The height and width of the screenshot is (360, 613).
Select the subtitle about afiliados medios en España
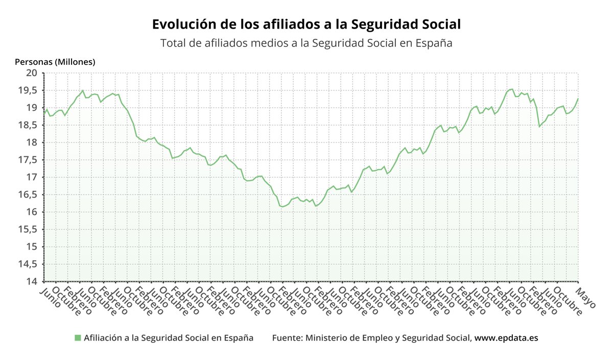point(306,43)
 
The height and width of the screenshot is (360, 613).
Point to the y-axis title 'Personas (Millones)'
point(55,62)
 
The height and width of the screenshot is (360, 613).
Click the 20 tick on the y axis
point(32,73)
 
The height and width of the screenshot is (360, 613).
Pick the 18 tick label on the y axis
point(32,142)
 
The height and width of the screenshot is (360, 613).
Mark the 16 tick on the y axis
point(32,212)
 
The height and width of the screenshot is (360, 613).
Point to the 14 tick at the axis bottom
point(32,281)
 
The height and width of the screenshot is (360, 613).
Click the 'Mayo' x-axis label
point(585,298)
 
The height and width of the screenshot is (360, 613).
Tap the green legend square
point(78,338)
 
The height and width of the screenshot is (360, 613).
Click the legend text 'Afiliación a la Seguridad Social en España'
point(169,338)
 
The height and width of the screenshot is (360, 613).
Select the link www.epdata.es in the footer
point(506,338)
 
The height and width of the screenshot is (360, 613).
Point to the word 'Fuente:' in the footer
point(288,338)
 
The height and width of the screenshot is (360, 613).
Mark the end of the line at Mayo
point(578,99)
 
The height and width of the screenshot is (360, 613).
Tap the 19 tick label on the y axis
point(32,108)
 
